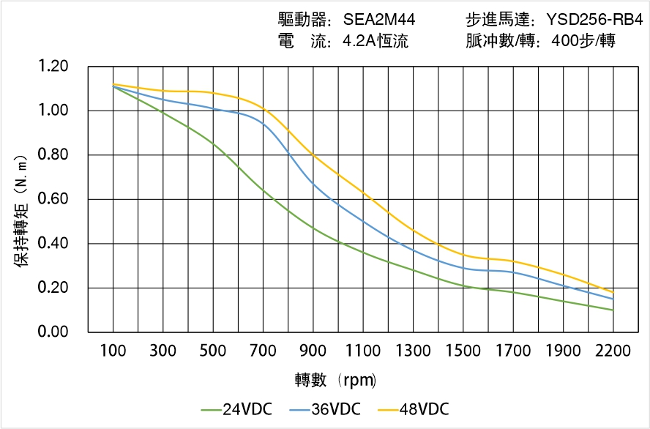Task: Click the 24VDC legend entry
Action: (x=236, y=409)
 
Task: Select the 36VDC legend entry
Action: (x=325, y=409)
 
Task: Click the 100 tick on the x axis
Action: (x=113, y=351)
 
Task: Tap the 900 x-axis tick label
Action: (x=313, y=351)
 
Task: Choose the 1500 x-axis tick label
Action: (x=463, y=351)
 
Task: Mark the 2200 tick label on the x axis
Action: (x=613, y=351)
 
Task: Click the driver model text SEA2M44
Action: (x=378, y=20)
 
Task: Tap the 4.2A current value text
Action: (x=375, y=41)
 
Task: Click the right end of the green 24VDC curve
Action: (x=613, y=310)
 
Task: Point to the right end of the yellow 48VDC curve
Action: (x=613, y=292)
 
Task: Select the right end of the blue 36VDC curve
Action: (x=613, y=299)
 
